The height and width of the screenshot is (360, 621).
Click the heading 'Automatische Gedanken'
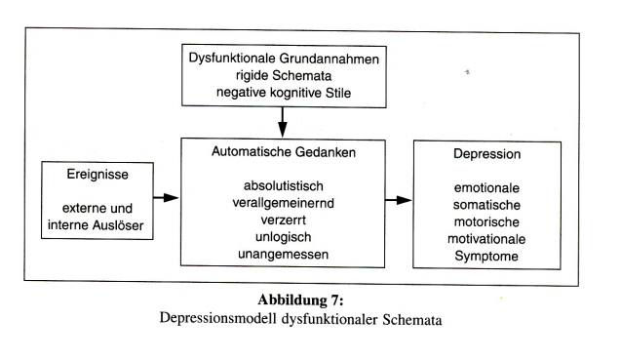[282, 153]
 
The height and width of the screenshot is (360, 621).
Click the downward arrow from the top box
[282, 123]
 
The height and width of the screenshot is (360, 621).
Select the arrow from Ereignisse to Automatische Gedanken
[167, 198]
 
